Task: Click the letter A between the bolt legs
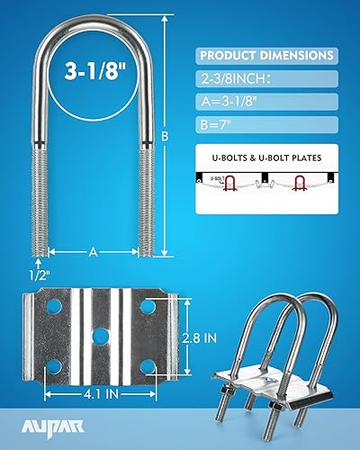[92, 253]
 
